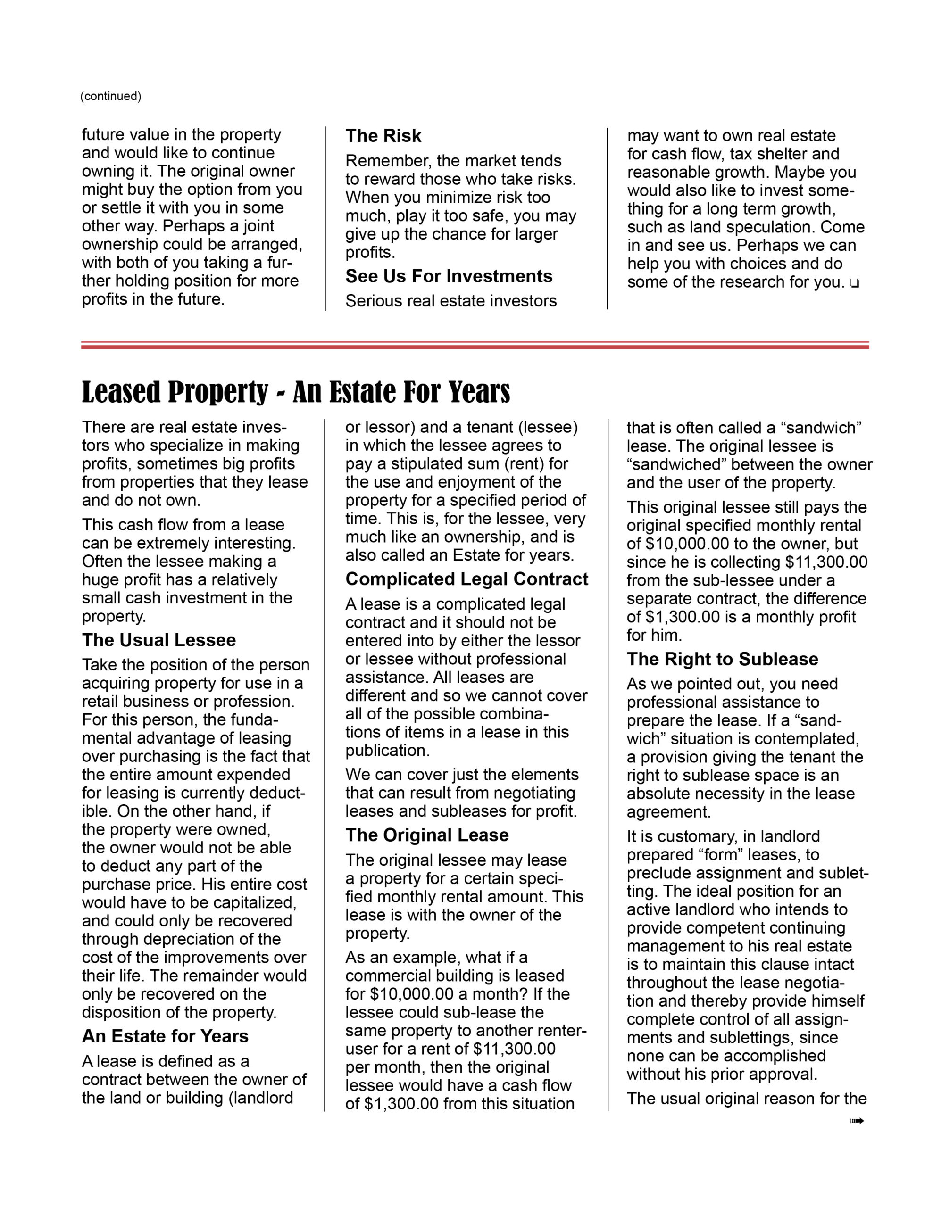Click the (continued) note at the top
point(110,96)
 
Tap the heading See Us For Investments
point(449,276)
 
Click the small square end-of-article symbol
point(855,284)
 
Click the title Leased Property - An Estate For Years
point(296,392)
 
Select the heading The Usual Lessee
point(159,640)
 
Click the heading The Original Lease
point(427,835)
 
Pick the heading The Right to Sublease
point(722,659)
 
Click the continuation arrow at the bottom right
point(857,1121)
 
